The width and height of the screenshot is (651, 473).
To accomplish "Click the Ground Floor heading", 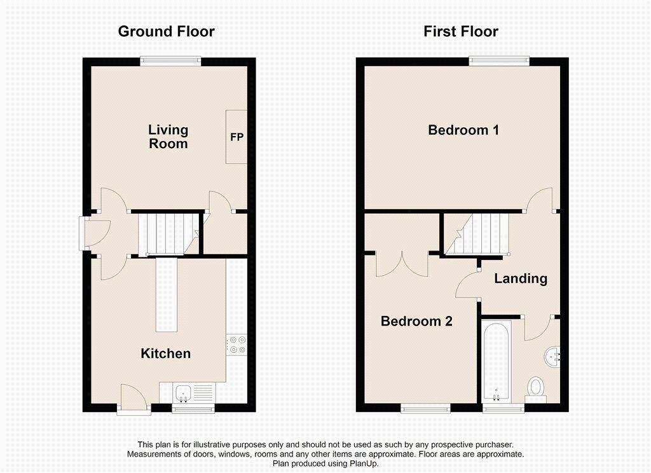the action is [166, 32].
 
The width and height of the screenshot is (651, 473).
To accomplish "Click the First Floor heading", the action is [461, 32].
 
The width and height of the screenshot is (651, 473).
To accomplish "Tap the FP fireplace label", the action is [236, 137].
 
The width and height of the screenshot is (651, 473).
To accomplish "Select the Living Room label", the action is [168, 137].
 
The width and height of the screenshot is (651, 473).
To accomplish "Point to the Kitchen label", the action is [166, 353].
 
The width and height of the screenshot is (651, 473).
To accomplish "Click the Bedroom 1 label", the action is [463, 130].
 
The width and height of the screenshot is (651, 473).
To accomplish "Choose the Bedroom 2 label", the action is [416, 321].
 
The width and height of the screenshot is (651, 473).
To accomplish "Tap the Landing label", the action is [521, 278].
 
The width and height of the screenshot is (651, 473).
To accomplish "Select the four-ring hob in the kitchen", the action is [236, 345].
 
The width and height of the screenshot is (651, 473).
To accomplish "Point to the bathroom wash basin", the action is [552, 357].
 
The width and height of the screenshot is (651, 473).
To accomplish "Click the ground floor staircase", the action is [168, 233].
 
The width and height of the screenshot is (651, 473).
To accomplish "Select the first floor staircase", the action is [477, 233].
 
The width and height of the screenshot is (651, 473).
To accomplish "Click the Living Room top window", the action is [170, 61].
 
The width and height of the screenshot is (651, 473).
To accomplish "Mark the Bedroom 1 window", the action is [500, 61].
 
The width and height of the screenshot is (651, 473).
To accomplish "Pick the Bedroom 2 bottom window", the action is [425, 409].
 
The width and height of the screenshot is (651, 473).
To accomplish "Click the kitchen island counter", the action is [167, 294].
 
